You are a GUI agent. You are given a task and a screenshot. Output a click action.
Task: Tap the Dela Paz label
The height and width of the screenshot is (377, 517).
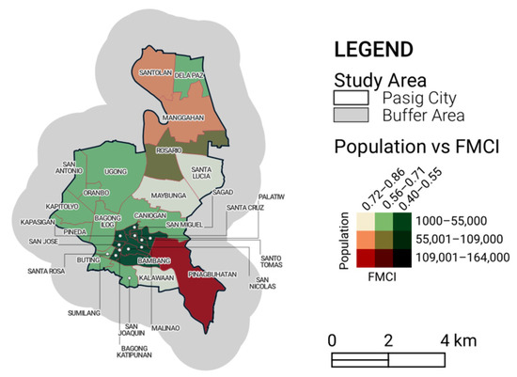click(x=190, y=74)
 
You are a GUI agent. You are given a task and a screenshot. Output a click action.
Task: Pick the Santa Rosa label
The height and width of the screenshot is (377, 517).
click(x=45, y=272)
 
